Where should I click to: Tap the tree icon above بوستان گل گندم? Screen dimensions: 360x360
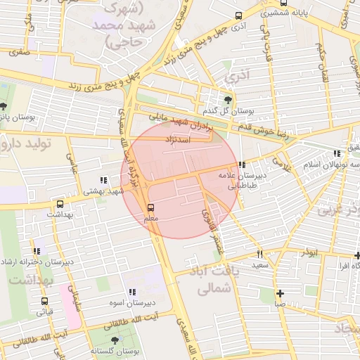point(227,99)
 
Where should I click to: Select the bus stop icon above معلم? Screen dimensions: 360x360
point(150,207)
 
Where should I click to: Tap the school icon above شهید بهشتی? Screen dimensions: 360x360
point(104,179)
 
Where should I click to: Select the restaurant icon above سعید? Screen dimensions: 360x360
point(259,254)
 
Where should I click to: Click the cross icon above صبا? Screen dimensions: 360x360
point(280,293)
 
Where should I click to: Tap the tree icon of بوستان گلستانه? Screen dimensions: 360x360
point(115,340)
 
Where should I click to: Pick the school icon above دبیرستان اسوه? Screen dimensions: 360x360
point(132,292)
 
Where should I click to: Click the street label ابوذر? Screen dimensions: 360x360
point(308,252)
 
